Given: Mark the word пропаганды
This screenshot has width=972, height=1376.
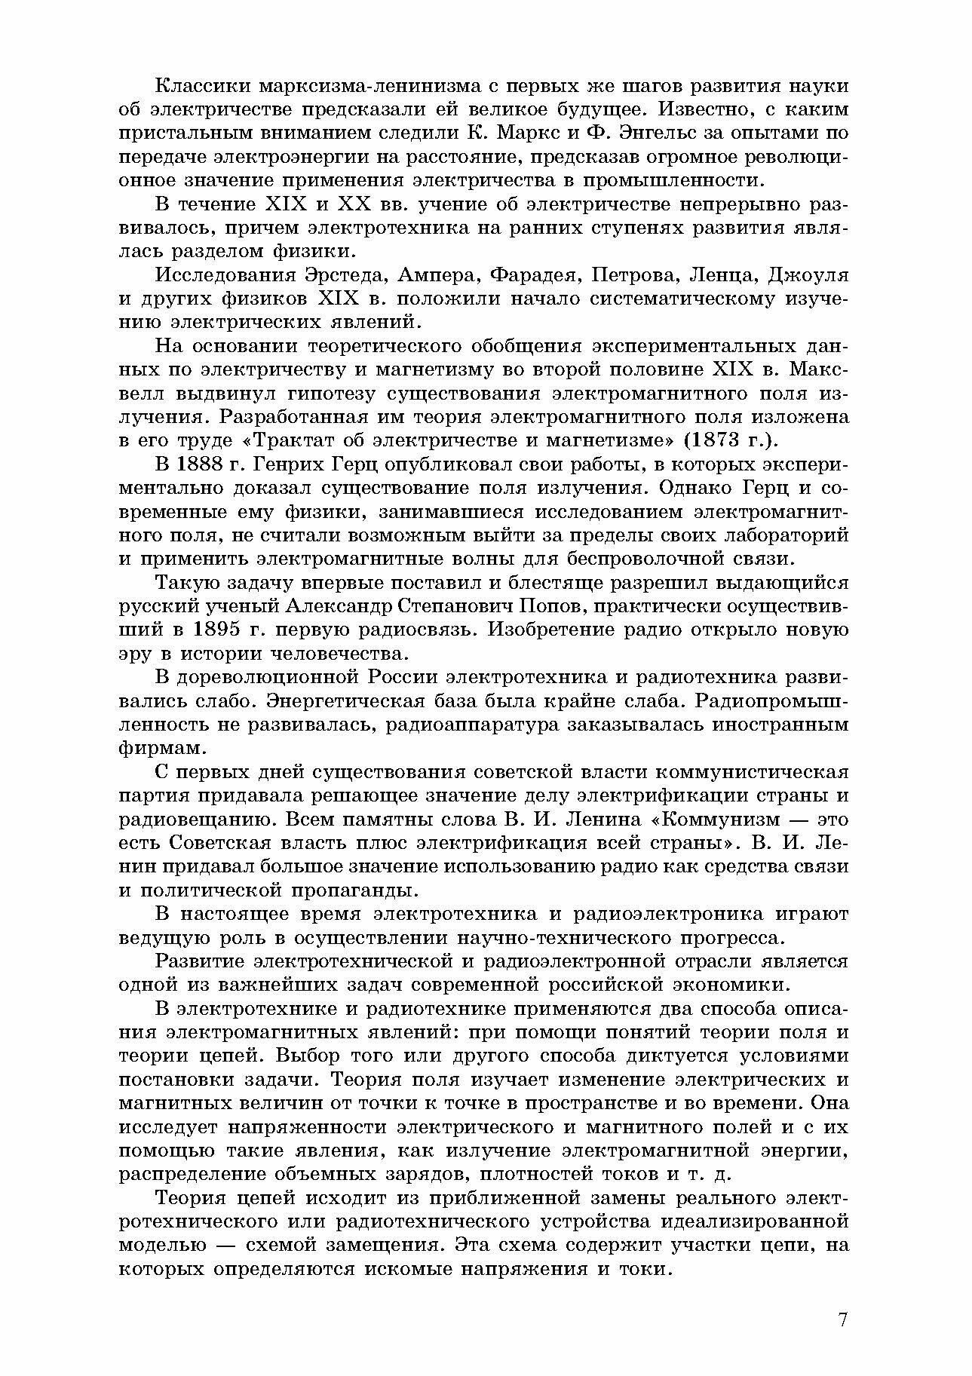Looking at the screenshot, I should coord(374,890).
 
